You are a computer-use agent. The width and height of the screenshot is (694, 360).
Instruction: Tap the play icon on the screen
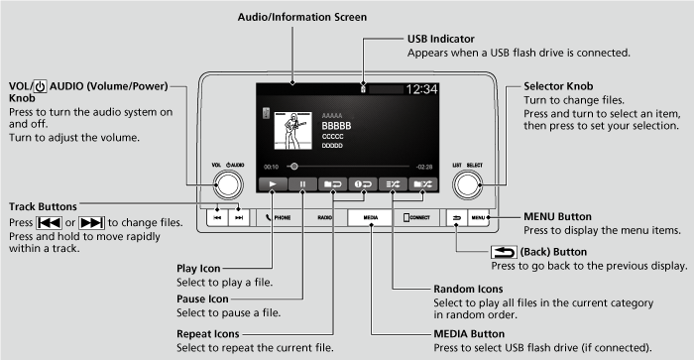[269, 184]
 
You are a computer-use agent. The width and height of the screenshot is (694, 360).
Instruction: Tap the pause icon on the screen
[301, 184]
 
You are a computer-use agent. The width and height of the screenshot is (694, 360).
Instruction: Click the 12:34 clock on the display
[421, 89]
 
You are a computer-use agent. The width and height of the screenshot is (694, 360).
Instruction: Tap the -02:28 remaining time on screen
[423, 167]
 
